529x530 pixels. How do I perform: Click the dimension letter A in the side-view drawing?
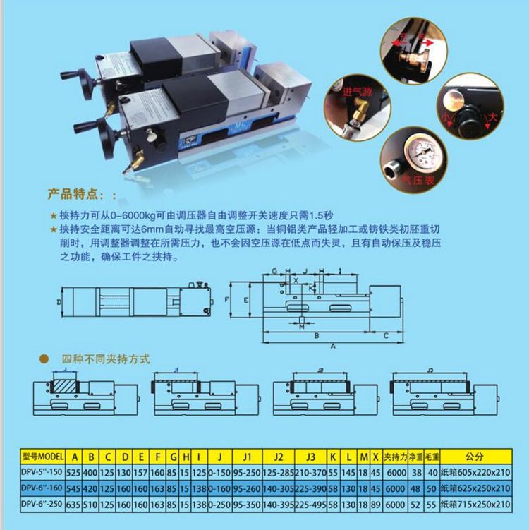click(x=332, y=347)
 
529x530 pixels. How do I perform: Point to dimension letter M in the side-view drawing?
click(x=302, y=327)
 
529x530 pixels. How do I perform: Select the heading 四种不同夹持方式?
click(x=105, y=359)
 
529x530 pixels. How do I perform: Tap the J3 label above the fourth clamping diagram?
click(x=430, y=369)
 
